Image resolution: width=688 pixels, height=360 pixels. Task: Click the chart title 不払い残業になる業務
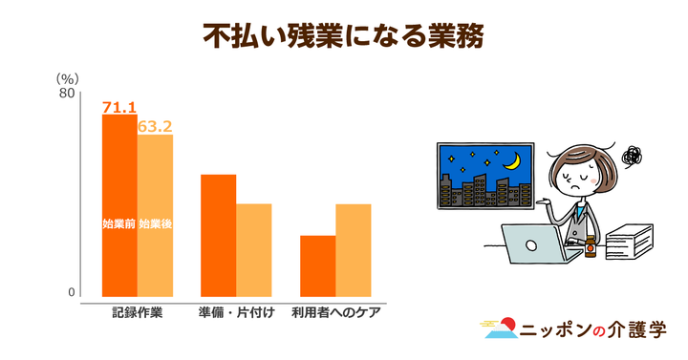(x=344, y=36)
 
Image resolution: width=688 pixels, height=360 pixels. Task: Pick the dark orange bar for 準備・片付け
(x=218, y=235)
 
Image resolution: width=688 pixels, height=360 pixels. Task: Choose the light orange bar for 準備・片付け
(x=254, y=249)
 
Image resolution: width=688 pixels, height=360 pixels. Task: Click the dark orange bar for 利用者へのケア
(x=317, y=265)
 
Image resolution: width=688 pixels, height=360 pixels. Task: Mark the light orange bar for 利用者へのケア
(x=353, y=249)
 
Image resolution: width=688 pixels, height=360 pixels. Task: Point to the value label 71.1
(x=119, y=107)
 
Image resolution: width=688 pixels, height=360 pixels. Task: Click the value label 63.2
(x=155, y=126)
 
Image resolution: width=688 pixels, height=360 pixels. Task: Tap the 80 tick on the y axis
(x=66, y=94)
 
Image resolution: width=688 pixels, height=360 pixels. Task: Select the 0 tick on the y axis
(x=71, y=292)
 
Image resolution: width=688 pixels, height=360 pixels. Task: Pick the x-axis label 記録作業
(x=137, y=313)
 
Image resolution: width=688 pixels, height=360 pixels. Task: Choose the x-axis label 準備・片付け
(x=236, y=313)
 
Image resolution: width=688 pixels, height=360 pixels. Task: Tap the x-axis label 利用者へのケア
(x=335, y=313)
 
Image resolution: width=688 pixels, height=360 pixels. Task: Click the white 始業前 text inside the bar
(x=118, y=224)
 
